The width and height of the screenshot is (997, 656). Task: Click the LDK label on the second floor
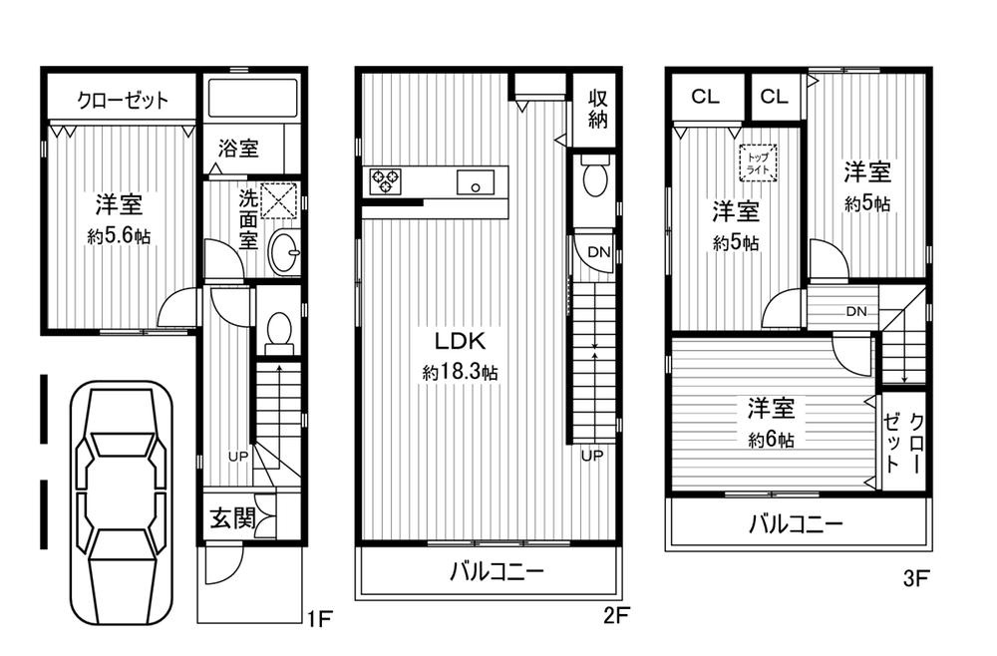(x=461, y=339)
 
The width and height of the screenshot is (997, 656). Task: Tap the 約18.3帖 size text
(x=461, y=372)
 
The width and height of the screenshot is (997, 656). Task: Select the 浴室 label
(x=238, y=149)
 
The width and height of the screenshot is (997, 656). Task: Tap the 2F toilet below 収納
(x=594, y=179)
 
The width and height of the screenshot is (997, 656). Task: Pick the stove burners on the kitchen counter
(x=385, y=181)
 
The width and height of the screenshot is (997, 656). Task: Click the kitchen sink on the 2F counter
(x=475, y=183)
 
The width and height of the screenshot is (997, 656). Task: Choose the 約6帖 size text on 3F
(x=771, y=439)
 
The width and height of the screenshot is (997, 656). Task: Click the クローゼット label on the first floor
(x=123, y=101)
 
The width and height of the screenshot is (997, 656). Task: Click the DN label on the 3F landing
(x=855, y=312)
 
